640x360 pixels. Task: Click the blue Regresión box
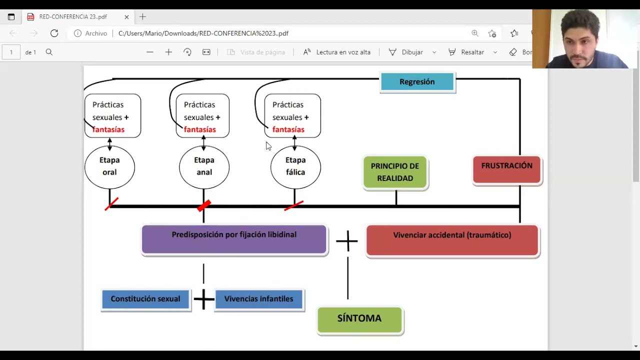coord(417,81)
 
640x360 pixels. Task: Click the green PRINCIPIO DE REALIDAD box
coord(395,172)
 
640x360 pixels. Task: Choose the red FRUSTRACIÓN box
coord(507,169)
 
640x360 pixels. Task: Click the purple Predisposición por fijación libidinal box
coord(234,239)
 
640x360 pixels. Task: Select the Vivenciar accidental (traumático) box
coord(452,240)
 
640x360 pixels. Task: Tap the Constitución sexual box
coord(145,299)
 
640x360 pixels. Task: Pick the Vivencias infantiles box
coord(258,299)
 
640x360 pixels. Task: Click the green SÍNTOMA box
coord(359,319)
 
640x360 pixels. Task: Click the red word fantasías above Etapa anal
coord(199,129)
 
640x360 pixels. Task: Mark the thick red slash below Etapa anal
coord(204,205)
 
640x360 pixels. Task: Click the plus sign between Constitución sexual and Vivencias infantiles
coord(203,299)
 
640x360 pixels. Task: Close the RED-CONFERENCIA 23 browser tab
coord(126,17)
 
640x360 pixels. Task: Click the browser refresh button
coord(54,33)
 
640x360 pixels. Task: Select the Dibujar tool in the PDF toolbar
coord(406,52)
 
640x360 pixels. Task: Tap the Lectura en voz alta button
coord(337,52)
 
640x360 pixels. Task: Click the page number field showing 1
coord(11,52)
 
